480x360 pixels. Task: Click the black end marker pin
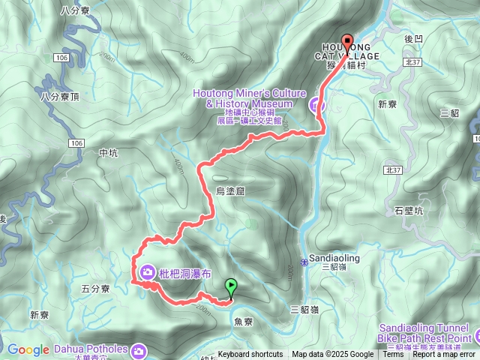click(346, 42)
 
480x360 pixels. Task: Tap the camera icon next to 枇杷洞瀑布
click(147, 270)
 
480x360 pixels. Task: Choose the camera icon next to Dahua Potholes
click(139, 350)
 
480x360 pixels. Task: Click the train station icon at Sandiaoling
click(304, 261)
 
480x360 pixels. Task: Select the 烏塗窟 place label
click(230, 191)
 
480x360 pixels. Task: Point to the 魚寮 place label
click(244, 320)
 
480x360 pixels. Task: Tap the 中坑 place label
click(109, 153)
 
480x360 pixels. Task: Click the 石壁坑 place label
click(409, 211)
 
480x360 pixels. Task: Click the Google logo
click(28, 349)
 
